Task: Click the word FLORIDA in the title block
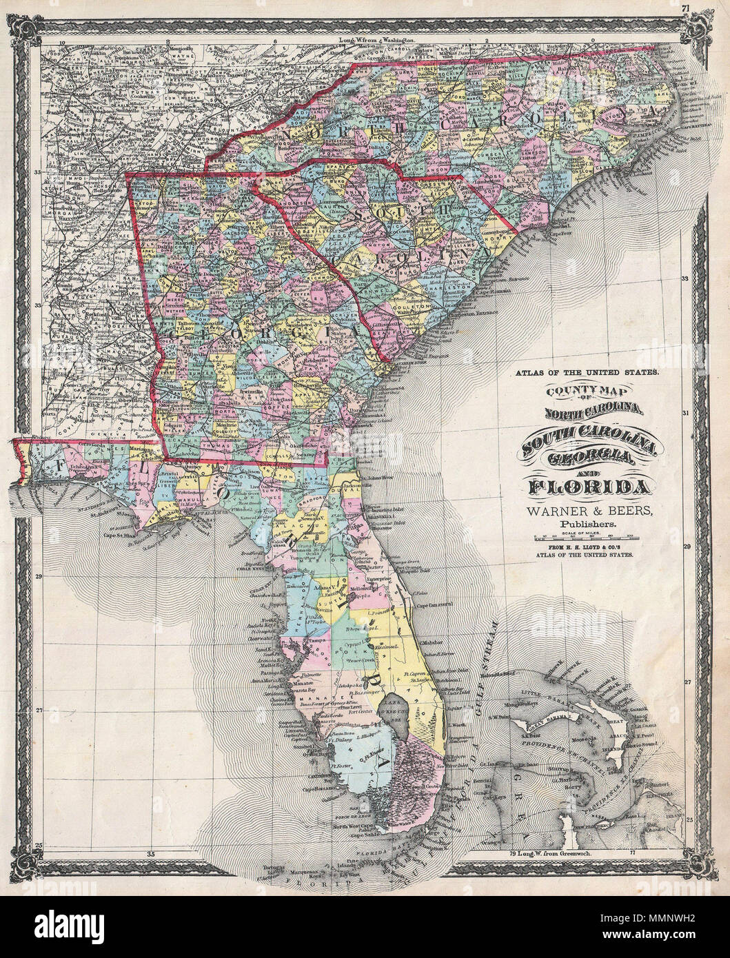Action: [x=588, y=487]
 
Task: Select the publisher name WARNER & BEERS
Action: [x=587, y=510]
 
